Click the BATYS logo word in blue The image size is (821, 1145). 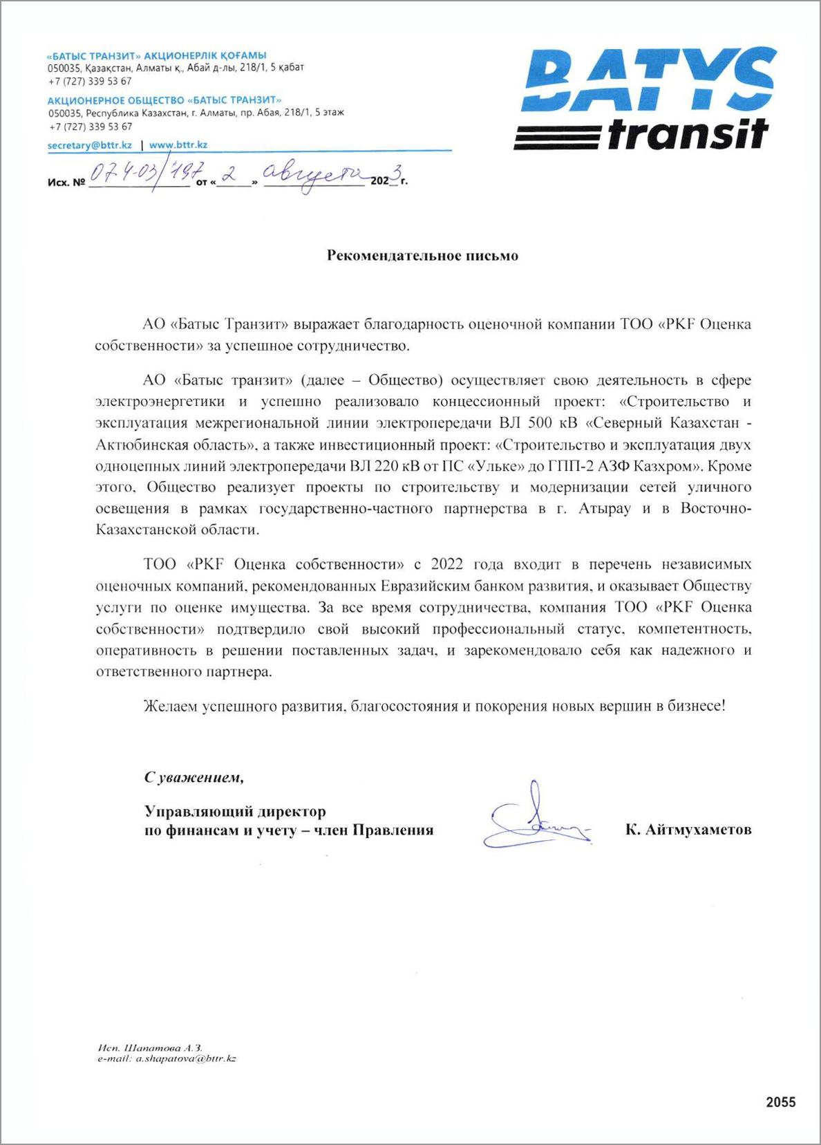[x=650, y=80]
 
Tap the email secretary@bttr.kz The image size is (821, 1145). [x=90, y=145]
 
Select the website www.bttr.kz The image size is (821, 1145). [x=178, y=145]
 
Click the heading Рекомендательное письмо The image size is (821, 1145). [x=422, y=256]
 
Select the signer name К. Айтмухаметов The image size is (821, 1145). [x=688, y=830]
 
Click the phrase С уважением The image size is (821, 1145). [x=194, y=777]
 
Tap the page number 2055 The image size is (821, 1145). [x=780, y=1102]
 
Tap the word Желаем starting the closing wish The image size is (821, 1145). [x=171, y=706]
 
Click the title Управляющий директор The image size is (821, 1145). [x=235, y=811]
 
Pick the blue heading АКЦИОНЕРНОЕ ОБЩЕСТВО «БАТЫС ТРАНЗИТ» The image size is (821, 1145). [x=164, y=100]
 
